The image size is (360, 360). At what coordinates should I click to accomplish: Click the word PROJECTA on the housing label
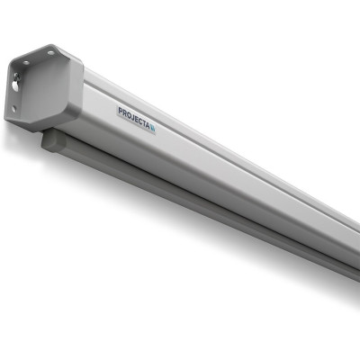click(x=134, y=119)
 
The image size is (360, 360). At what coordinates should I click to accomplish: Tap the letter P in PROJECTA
click(x=121, y=112)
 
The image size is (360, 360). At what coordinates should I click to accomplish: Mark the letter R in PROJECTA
click(x=124, y=113)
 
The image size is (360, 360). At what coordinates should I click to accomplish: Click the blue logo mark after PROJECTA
click(x=153, y=129)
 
